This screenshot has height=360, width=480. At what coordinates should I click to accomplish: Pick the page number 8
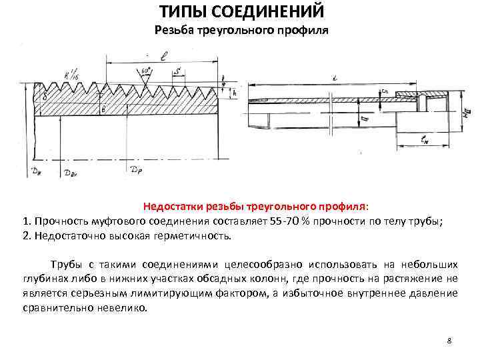449,341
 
